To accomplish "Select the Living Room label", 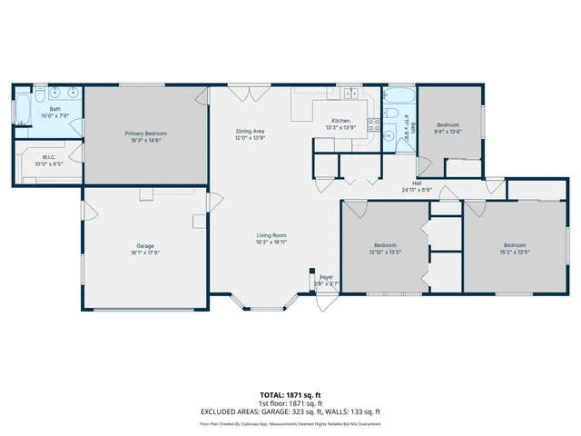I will click(x=271, y=235).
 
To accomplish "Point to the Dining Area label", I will click(x=250, y=132).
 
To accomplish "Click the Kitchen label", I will click(x=340, y=121).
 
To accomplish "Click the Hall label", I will click(x=417, y=157).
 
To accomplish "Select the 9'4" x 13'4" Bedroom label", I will click(x=448, y=124).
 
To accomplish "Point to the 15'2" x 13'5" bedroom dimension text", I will click(x=515, y=253).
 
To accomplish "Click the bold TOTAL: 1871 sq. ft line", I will click(x=290, y=394).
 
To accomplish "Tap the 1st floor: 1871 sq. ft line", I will click(x=290, y=403).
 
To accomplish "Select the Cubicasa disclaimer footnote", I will click(x=290, y=423).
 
